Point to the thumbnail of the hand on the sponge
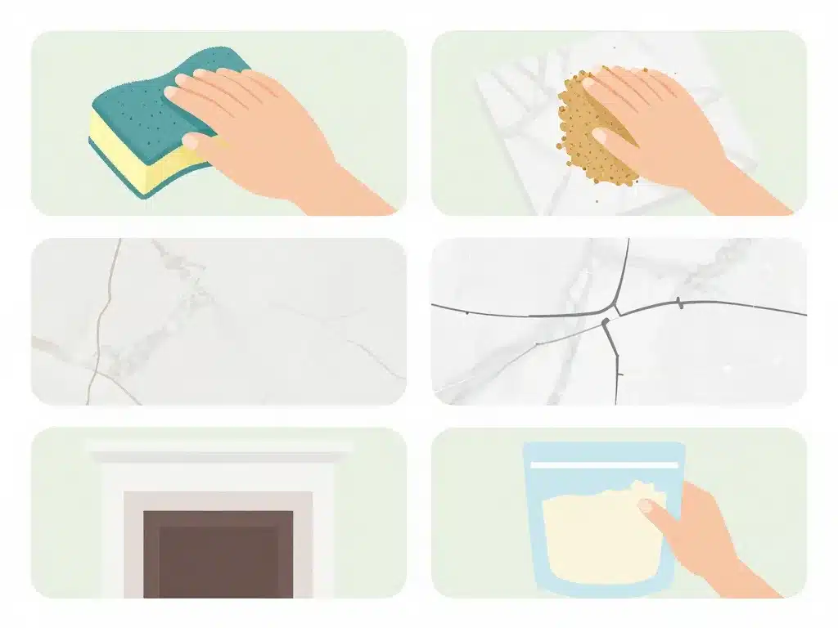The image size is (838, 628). click(x=190, y=141)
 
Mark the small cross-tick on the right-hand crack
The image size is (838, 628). click(x=678, y=303)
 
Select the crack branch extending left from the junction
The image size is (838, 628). click(x=507, y=314)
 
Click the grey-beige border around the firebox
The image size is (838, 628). click(x=135, y=540)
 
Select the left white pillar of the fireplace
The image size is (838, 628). click(x=112, y=532)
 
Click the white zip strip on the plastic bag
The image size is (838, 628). click(x=604, y=464)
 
